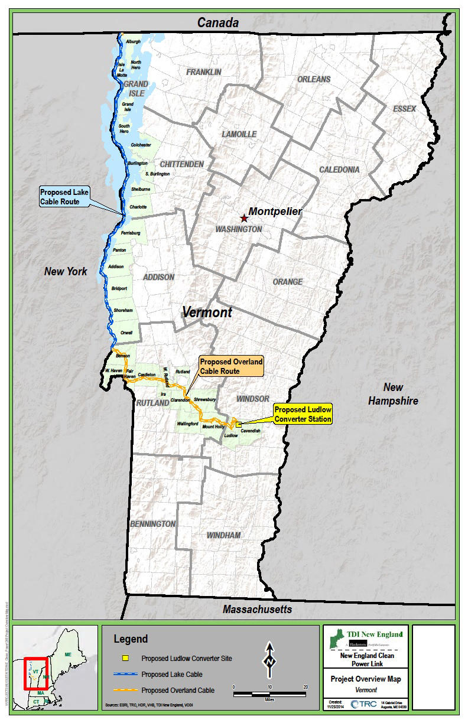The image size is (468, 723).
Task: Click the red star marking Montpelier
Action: coord(243,218)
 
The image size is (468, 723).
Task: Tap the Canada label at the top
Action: coord(217,23)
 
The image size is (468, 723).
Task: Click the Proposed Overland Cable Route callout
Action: coord(230,366)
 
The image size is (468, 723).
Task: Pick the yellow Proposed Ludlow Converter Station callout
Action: coord(303,415)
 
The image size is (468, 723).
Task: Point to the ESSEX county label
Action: coord(404,109)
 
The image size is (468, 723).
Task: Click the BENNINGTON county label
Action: coord(153,524)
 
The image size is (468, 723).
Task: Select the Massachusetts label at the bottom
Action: coord(257,609)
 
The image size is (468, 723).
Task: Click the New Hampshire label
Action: coord(393,394)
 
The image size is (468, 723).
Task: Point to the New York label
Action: coord(66,272)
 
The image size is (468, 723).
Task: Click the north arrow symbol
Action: coord(270,659)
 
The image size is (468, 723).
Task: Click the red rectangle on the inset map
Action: coord(35,673)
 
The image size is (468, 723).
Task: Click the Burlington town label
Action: coord(137,163)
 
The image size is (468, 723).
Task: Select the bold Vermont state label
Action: coord(207,312)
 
